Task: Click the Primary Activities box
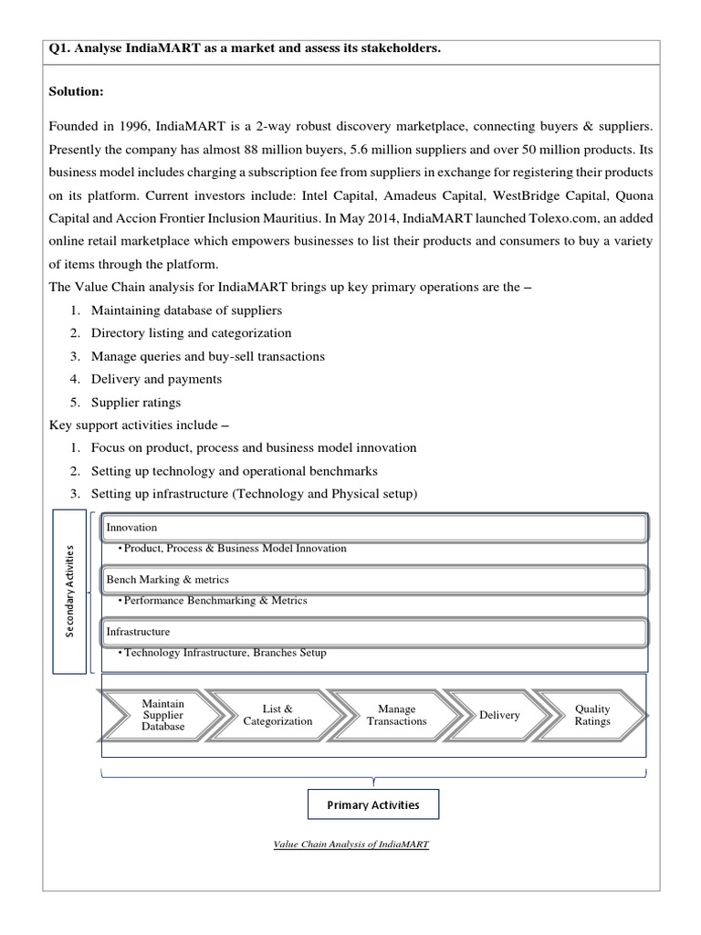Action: click(373, 804)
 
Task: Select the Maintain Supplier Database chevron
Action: click(162, 715)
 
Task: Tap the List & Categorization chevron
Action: click(277, 715)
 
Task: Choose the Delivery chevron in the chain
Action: click(499, 715)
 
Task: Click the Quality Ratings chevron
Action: click(592, 715)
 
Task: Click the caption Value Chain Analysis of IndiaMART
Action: click(351, 845)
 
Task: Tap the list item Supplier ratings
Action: click(136, 402)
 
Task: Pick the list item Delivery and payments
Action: click(156, 379)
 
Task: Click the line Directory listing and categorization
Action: click(191, 333)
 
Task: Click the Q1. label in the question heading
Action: click(60, 47)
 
